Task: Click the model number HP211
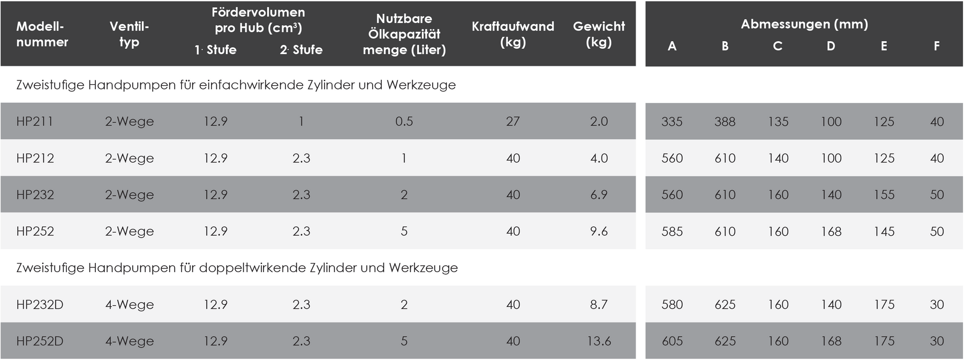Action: (x=35, y=122)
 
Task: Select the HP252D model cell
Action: (x=40, y=341)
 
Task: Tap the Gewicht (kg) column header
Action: (x=599, y=34)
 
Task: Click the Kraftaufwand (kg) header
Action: (x=513, y=34)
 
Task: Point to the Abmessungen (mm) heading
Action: (x=804, y=24)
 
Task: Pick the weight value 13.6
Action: (x=599, y=341)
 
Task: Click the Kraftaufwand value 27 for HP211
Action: (x=513, y=122)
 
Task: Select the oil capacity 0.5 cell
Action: (x=404, y=122)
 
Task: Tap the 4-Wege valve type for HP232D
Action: (x=130, y=305)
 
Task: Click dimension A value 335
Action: (x=672, y=122)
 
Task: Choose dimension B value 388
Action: (x=725, y=122)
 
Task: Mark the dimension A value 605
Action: (x=672, y=341)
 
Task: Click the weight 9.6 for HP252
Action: (x=599, y=231)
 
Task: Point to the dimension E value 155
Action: (x=884, y=195)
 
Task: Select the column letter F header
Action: (x=937, y=46)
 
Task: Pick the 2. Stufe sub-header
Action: (x=301, y=50)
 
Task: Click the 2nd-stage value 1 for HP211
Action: (x=302, y=122)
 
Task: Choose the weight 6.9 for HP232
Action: (x=599, y=195)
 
